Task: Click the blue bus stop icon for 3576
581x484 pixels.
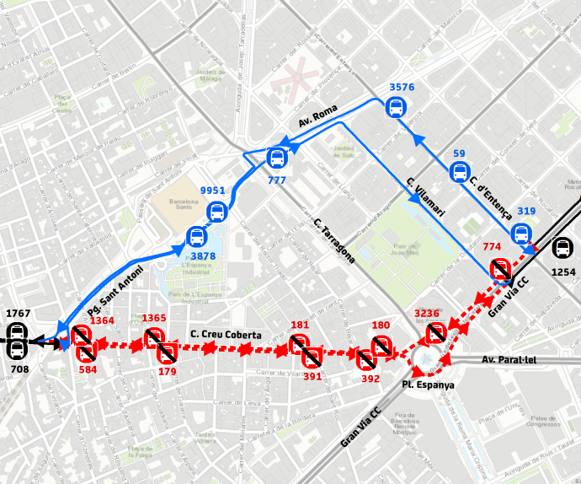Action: (396, 107)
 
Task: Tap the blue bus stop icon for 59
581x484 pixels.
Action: (460, 172)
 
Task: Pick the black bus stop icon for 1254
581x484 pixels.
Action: (562, 248)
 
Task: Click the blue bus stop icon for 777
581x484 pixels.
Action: (277, 158)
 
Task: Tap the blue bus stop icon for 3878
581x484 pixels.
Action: (195, 237)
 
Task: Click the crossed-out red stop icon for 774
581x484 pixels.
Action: (499, 268)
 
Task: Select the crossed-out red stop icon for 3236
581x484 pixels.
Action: (434, 334)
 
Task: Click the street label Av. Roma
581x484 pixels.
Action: (317, 116)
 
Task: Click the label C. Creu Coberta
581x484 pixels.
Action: (226, 335)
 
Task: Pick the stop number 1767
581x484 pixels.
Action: (19, 314)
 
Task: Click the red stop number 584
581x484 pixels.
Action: (88, 368)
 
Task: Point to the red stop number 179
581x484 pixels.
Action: (167, 371)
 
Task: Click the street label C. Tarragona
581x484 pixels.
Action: (333, 242)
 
